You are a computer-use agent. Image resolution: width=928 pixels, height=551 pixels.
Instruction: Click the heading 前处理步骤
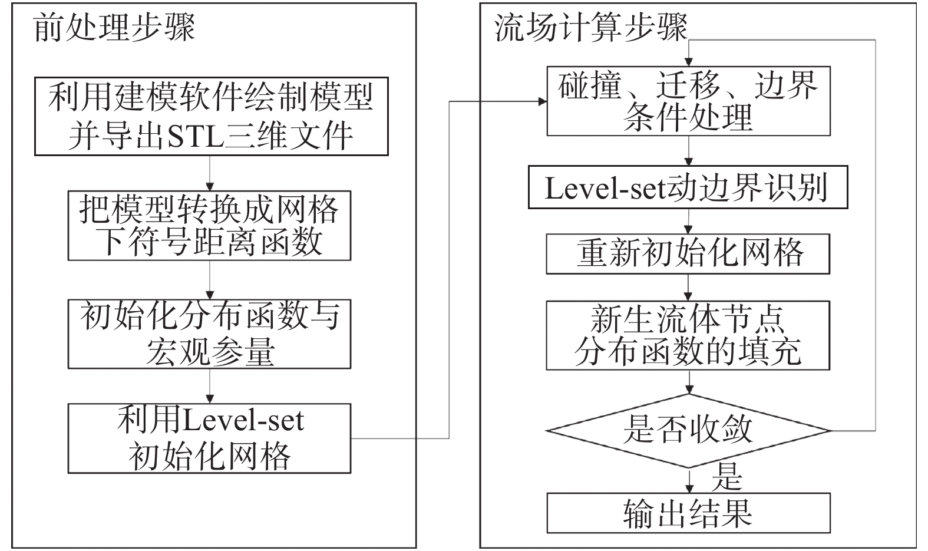coord(114,28)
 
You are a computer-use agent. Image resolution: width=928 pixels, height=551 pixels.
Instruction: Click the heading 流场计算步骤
coord(591,28)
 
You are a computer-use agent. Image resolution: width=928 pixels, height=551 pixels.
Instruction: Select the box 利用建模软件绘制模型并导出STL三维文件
coord(211,116)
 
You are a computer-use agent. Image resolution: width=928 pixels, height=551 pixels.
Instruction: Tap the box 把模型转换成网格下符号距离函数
coord(209,225)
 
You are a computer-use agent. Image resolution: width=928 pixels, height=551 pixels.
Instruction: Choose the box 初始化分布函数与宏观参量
coord(209,334)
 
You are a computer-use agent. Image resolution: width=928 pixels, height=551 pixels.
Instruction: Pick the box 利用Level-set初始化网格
coord(209,438)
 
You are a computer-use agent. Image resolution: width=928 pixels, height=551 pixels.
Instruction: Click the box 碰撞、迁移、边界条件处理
coord(688,101)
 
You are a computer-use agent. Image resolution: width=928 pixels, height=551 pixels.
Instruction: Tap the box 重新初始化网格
coord(688,254)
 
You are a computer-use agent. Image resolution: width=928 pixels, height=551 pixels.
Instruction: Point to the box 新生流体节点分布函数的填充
coord(688,335)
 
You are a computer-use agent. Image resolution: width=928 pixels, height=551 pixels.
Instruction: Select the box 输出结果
coord(688,513)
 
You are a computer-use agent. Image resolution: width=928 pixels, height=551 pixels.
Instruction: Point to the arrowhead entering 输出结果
coord(688,489)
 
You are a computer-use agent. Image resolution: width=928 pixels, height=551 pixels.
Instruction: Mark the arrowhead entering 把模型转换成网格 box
coord(210,186)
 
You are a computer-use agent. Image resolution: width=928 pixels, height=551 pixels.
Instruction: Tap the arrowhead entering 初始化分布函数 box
coord(210,295)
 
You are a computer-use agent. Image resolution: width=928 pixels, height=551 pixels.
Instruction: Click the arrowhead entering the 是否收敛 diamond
coord(688,390)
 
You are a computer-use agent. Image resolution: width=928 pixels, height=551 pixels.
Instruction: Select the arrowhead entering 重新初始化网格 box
coord(688,230)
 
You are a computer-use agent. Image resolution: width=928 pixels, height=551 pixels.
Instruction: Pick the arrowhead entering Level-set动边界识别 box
coord(688,162)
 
